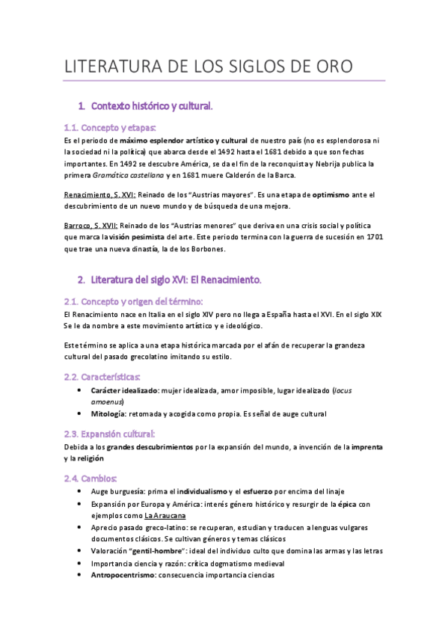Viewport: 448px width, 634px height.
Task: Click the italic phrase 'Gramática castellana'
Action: click(x=127, y=175)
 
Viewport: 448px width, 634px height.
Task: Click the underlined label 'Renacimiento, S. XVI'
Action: click(x=99, y=194)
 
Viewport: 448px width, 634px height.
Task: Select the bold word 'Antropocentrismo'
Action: click(x=123, y=575)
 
